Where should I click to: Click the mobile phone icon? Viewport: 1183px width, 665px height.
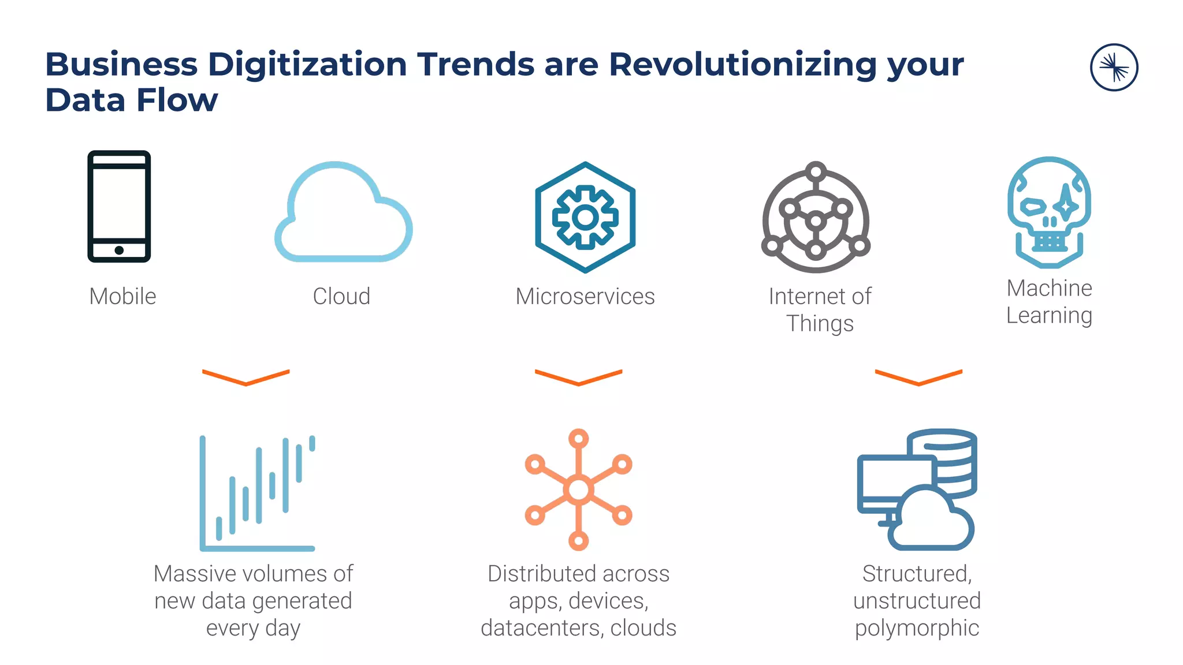[x=119, y=206]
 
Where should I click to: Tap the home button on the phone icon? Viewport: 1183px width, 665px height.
[x=119, y=250]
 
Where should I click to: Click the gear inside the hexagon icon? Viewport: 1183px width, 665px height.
[x=585, y=217]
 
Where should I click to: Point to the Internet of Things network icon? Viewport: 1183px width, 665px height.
[x=816, y=218]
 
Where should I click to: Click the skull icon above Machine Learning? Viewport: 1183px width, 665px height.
[x=1049, y=212]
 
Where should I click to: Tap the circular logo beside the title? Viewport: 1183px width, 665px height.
[x=1114, y=68]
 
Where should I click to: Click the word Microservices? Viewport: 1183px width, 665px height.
[x=585, y=296]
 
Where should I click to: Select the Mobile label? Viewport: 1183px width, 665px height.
[x=122, y=296]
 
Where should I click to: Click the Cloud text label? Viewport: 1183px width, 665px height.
[x=341, y=296]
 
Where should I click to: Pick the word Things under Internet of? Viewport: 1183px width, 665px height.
[x=820, y=324]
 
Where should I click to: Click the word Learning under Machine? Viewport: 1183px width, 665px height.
[x=1049, y=316]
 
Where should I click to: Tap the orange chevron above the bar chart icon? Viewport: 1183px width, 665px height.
[x=246, y=377]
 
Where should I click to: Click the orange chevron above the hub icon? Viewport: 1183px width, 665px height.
[x=578, y=377]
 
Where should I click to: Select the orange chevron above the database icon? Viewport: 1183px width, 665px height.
[x=918, y=377]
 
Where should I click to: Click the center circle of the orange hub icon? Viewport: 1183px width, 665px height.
[x=578, y=490]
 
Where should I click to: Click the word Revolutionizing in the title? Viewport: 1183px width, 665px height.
[x=742, y=64]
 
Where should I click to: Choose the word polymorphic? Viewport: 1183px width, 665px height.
[x=917, y=628]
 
